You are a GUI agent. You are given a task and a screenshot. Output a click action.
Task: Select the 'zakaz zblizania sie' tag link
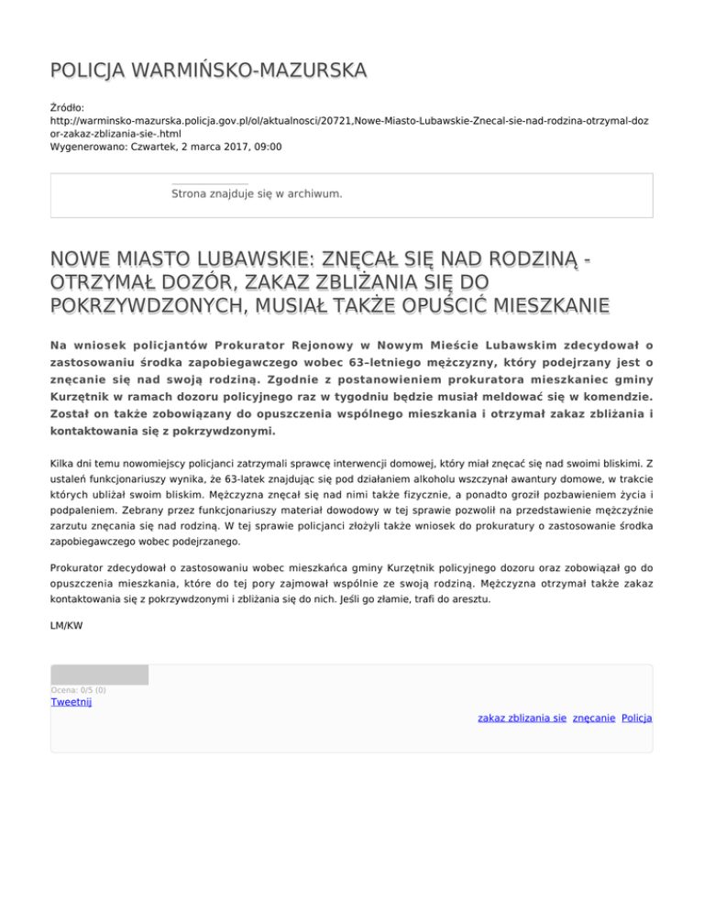[x=522, y=719]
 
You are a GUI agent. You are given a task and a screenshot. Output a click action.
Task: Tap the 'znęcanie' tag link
[x=593, y=719]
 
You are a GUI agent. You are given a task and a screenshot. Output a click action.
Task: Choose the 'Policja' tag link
[x=636, y=719]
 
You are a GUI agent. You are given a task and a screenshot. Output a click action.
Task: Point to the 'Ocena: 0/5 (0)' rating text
[x=78, y=690]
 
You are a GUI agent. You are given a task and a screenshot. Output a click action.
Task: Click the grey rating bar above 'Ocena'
[x=99, y=675]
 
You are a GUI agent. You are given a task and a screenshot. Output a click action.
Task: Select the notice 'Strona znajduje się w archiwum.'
[x=257, y=193]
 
